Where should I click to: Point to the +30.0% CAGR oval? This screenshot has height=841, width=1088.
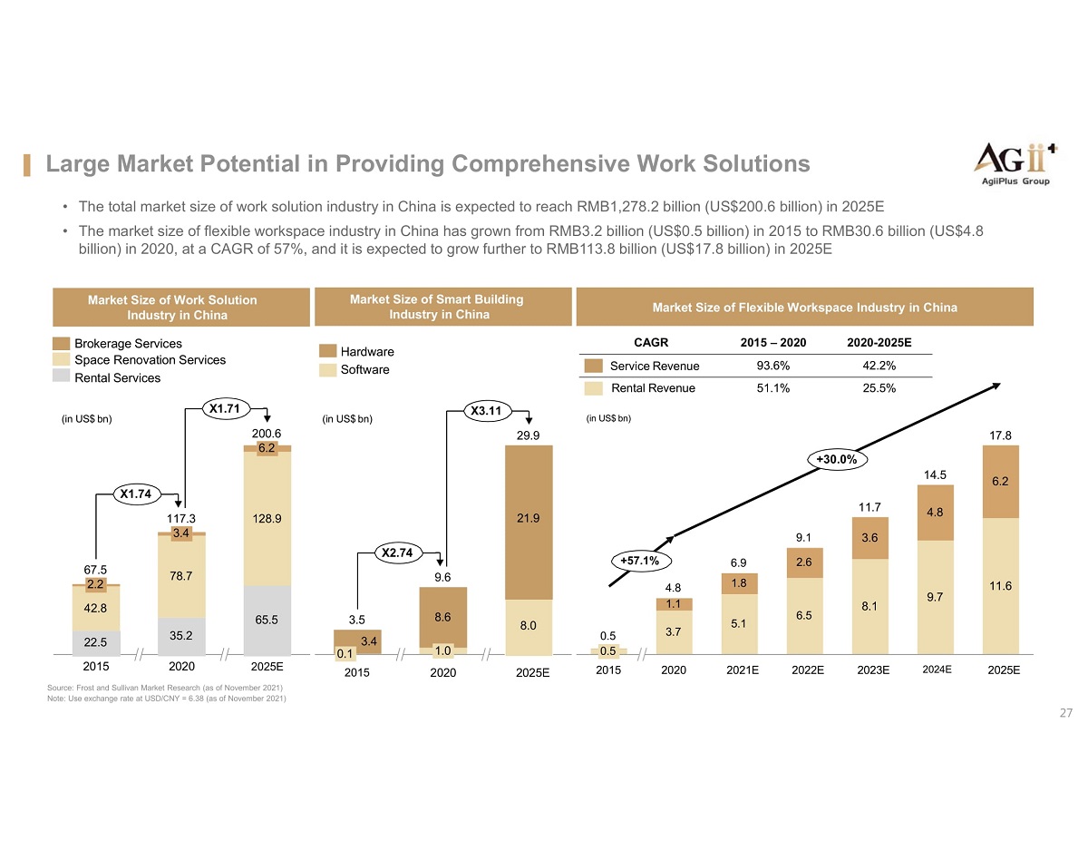coord(837,460)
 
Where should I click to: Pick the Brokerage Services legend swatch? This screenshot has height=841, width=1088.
coord(61,343)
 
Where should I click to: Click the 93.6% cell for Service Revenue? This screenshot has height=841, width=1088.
coord(773,366)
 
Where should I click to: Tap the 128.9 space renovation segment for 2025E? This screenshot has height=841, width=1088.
coord(267,519)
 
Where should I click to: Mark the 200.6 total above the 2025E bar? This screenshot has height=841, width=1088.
coord(267,434)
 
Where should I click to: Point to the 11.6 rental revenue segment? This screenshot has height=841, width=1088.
coord(1001,586)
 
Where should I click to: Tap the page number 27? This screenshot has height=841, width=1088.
coord(1066,713)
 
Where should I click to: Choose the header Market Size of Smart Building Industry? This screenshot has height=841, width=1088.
coord(439,307)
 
